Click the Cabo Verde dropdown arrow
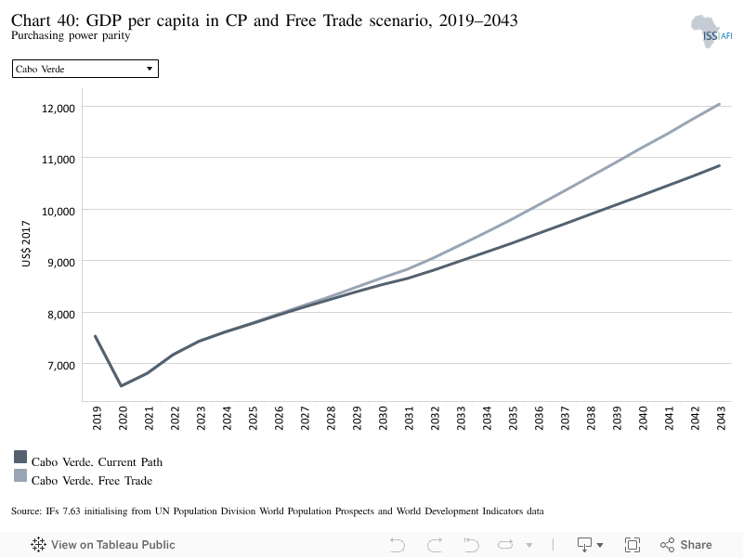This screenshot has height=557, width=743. [x=150, y=69]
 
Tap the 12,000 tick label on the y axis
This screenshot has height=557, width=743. [x=59, y=109]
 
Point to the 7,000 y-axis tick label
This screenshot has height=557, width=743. [x=61, y=366]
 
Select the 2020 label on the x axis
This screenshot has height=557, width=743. [x=124, y=418]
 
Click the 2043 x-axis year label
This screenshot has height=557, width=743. [x=722, y=418]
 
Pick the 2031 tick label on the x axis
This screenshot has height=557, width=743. [x=410, y=418]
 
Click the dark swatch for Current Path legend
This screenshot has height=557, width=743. [x=20, y=457]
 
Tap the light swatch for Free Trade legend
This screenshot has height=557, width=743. [x=20, y=475]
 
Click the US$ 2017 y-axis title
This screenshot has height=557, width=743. [x=26, y=243]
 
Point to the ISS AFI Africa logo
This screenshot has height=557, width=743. [x=710, y=32]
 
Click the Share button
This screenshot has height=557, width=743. [x=686, y=545]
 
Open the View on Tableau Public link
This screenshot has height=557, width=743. [x=103, y=545]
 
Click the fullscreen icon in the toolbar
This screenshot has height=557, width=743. [x=632, y=545]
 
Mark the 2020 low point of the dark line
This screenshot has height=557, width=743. [x=122, y=385]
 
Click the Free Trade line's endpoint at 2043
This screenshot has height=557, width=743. [x=719, y=104]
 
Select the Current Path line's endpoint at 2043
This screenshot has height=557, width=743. [x=719, y=166]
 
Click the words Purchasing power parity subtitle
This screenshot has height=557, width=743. [x=71, y=35]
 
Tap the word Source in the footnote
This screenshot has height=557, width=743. [x=26, y=512]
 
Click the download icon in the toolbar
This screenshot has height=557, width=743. [x=585, y=545]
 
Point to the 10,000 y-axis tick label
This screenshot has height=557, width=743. [x=59, y=212]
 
